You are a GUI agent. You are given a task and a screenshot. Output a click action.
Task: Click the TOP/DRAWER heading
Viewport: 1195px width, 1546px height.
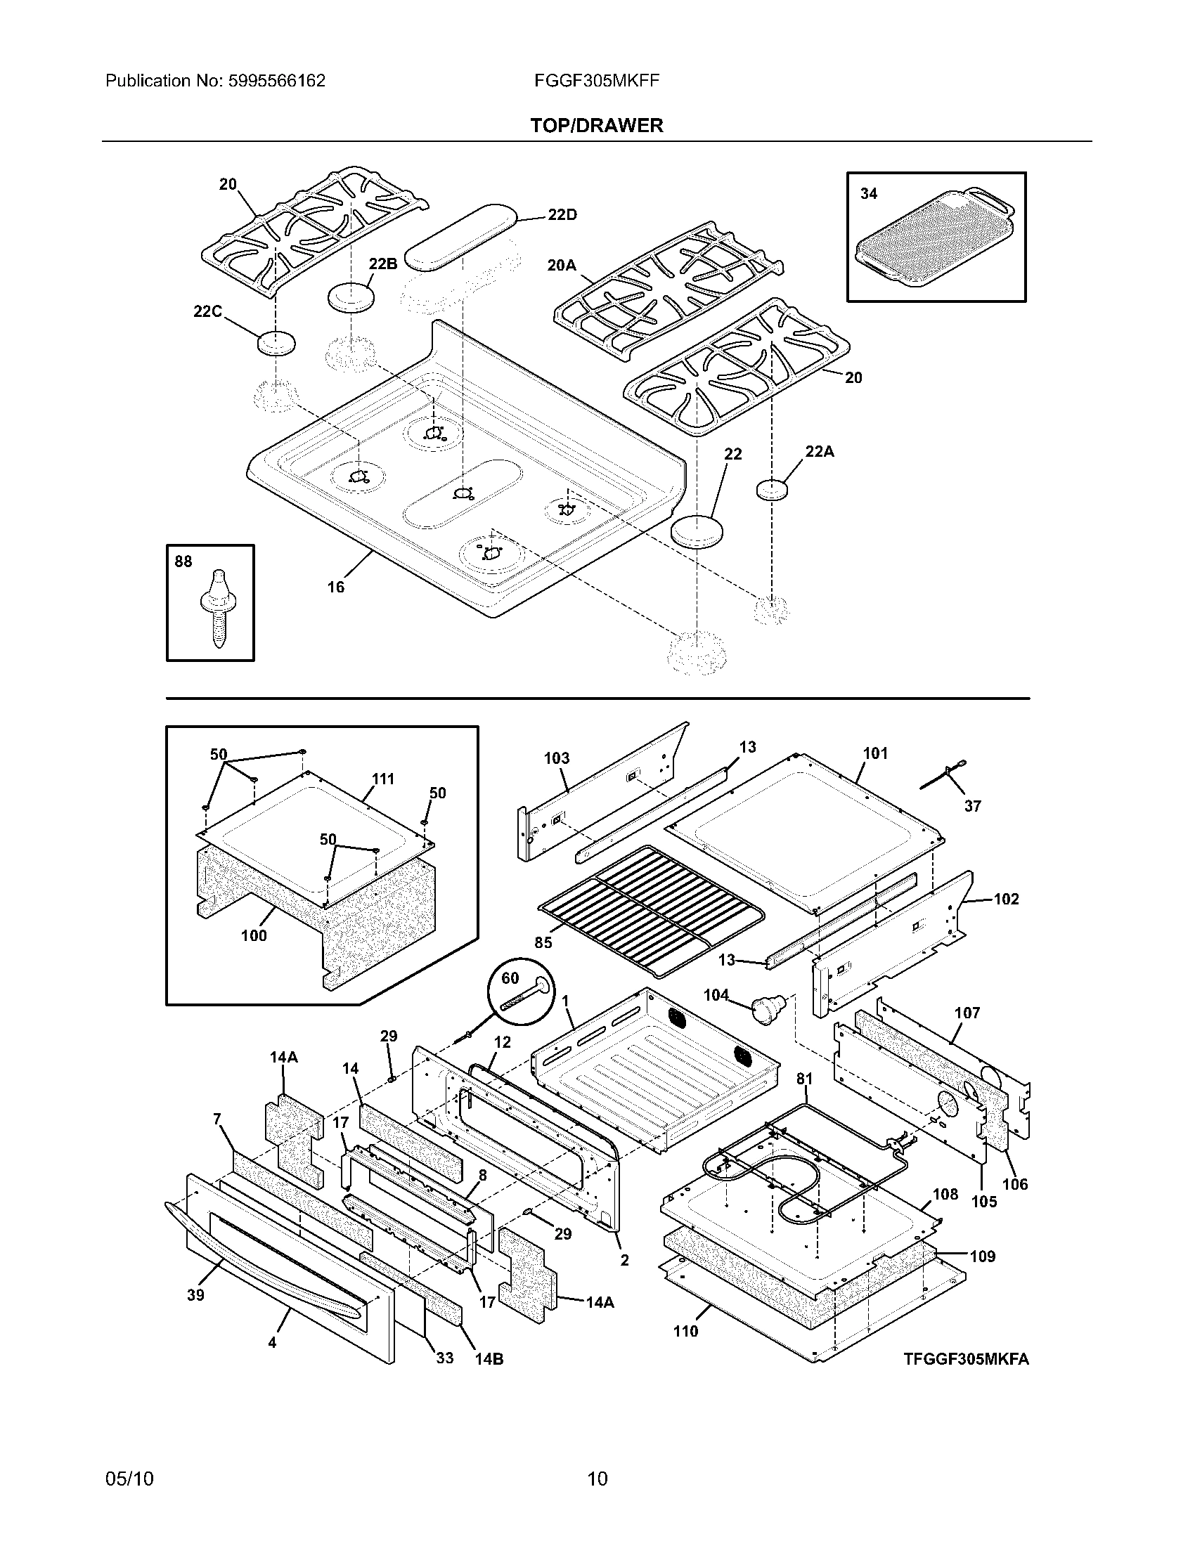[x=596, y=125]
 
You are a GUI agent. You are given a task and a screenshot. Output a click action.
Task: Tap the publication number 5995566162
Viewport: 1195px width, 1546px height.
[x=277, y=81]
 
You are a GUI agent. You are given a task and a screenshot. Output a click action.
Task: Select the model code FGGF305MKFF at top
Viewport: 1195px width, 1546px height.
[x=597, y=81]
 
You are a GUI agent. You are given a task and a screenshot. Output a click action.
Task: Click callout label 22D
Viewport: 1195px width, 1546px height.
[x=562, y=215]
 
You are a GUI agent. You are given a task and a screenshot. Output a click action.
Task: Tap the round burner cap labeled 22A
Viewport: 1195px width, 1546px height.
[x=771, y=489]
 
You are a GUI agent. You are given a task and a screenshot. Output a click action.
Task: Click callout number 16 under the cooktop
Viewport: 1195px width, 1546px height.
[x=335, y=587]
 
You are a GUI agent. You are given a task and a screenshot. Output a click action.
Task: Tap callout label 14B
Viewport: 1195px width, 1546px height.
[x=489, y=1358]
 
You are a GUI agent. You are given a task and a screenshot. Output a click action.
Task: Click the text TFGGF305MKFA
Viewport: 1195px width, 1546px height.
[x=966, y=1358]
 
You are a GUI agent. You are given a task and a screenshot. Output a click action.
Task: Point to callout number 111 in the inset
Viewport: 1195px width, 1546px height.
[x=383, y=779]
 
